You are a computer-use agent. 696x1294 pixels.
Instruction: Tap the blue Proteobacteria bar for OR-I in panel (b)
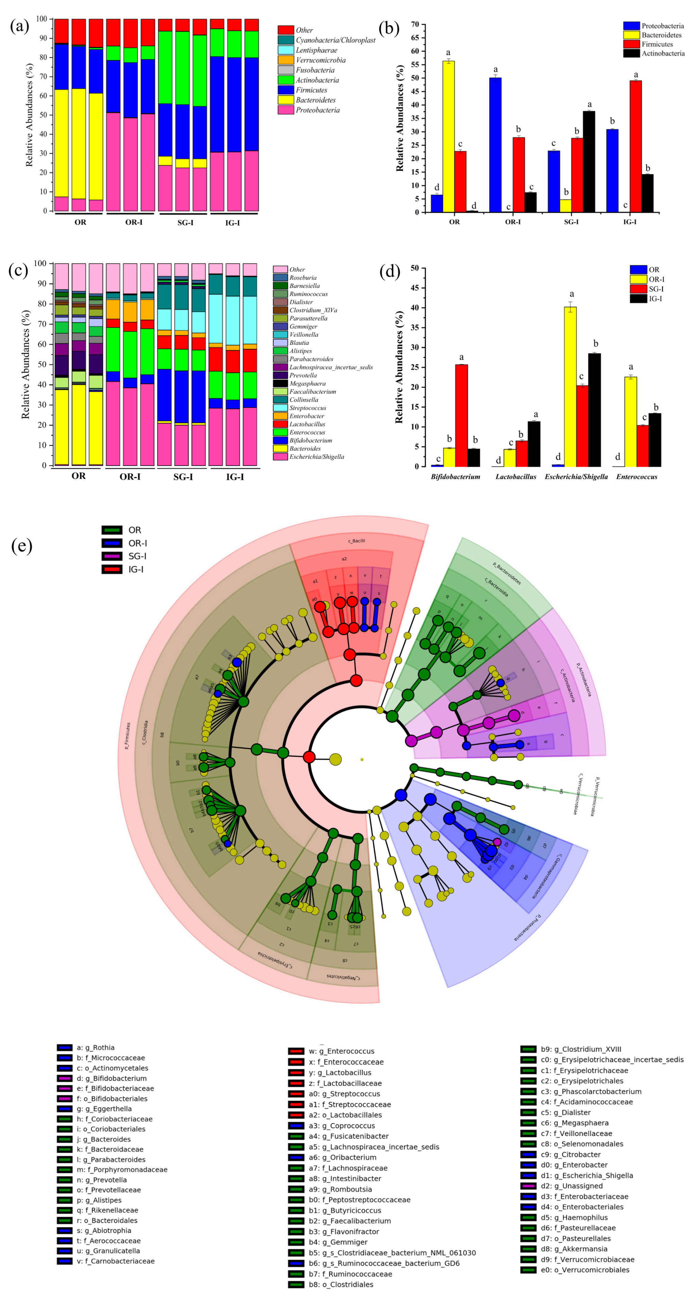coord(495,145)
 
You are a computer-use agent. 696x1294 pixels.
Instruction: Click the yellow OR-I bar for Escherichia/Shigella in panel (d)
coord(570,386)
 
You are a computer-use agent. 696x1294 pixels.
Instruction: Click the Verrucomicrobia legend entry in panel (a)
coord(320,60)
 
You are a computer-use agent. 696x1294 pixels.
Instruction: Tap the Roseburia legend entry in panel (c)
coord(302,277)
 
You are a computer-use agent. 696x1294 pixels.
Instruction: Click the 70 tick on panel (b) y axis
coord(415,24)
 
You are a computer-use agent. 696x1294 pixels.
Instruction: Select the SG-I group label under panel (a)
coord(186,223)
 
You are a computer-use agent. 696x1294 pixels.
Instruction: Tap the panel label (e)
coord(22,545)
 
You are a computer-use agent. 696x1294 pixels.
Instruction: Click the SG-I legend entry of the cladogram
coord(137,556)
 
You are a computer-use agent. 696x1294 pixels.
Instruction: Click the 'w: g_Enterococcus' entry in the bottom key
coord(341,1051)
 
